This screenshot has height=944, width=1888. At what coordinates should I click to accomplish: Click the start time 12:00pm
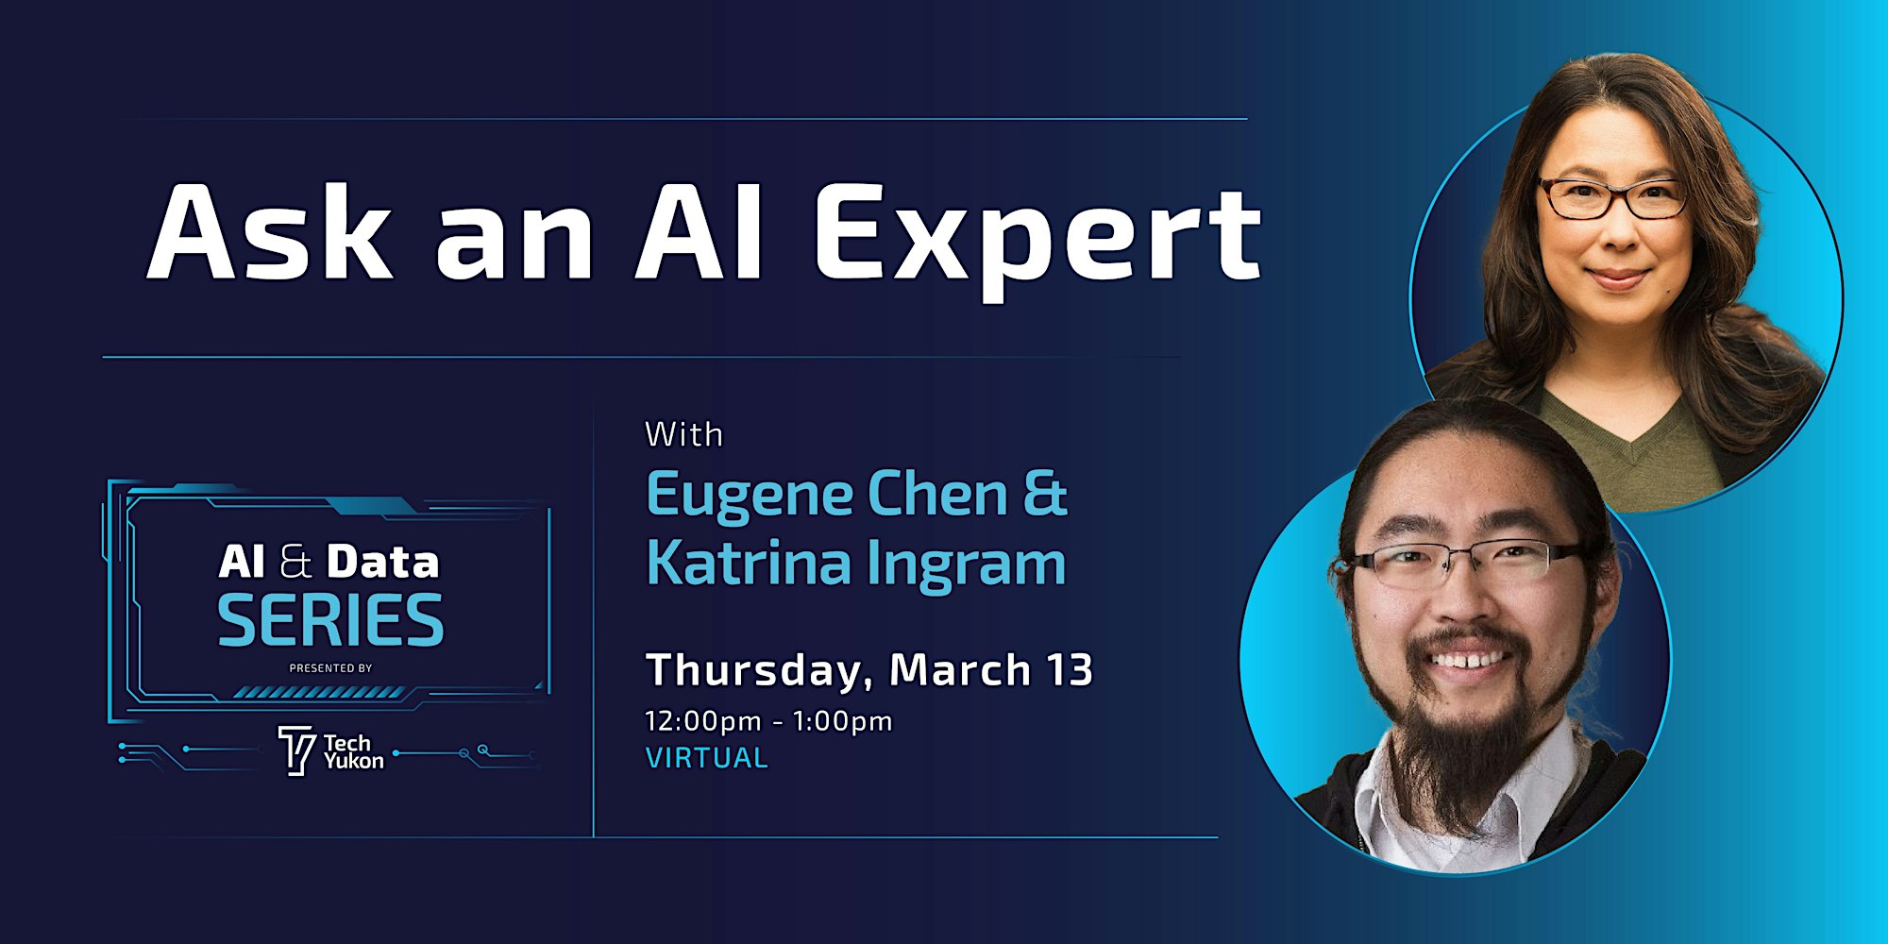point(702,721)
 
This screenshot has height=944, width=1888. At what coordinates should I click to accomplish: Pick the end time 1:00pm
point(842,721)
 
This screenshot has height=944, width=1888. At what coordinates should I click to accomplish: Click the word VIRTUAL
point(707,758)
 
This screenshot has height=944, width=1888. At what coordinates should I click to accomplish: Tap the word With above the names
point(684,434)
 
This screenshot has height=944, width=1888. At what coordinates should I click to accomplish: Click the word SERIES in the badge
point(330,620)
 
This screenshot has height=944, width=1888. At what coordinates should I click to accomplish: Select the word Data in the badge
point(383,563)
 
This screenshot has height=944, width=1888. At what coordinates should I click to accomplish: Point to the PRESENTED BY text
point(330,668)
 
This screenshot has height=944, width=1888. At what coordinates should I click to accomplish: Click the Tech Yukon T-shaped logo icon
point(296,750)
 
